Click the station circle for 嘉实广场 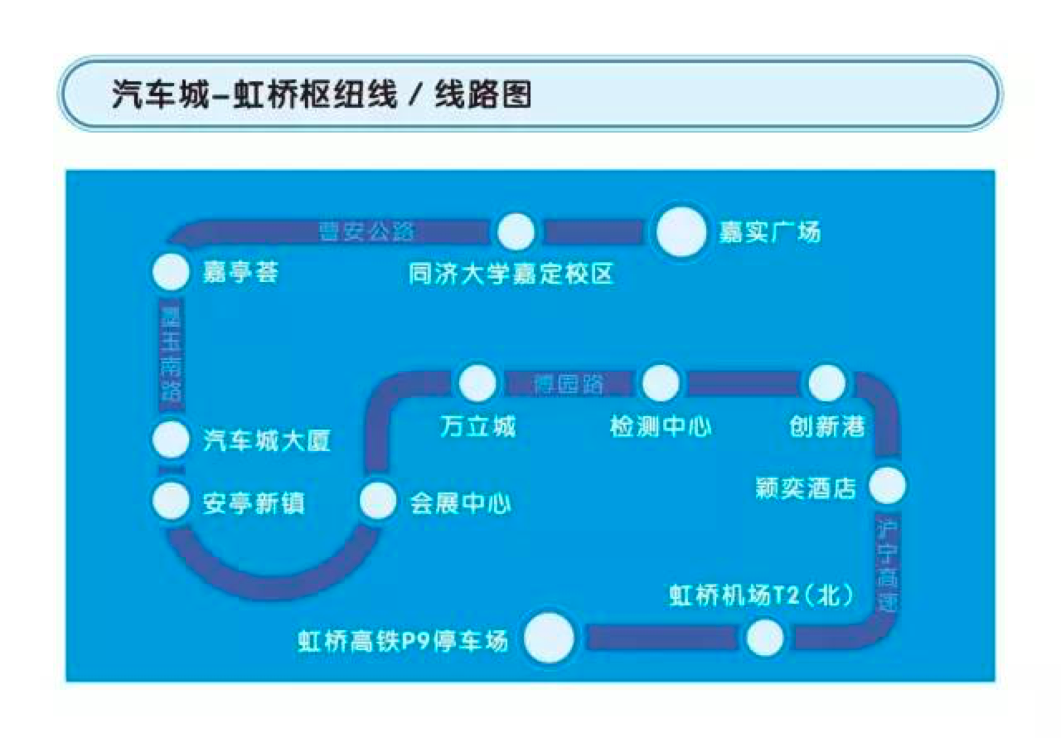(680, 232)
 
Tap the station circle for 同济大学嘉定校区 (515, 231)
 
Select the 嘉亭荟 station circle (170, 271)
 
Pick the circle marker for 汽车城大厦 (170, 439)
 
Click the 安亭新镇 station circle (170, 501)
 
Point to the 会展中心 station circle (378, 501)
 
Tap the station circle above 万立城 (477, 383)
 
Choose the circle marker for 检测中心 (660, 383)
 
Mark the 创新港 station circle (826, 383)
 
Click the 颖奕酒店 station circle (888, 486)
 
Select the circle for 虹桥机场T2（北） (765, 638)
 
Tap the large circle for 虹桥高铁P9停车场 (549, 638)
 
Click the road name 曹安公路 (367, 231)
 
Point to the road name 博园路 (568, 383)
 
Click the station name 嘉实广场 (769, 232)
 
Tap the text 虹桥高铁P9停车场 (403, 641)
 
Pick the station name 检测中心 (660, 426)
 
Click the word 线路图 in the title (483, 95)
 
